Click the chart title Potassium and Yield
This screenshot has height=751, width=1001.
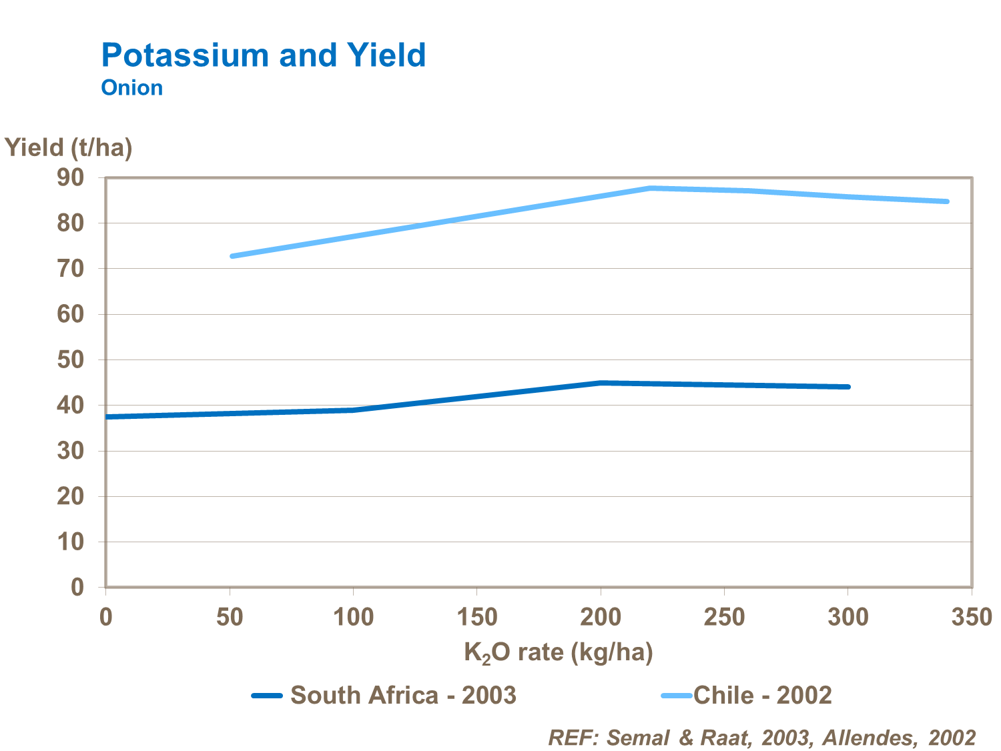pyautogui.click(x=263, y=55)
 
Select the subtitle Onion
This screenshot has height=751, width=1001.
pyautogui.click(x=131, y=88)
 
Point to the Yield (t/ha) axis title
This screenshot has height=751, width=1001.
pyautogui.click(x=69, y=147)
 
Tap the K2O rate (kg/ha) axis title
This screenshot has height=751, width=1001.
pyautogui.click(x=558, y=652)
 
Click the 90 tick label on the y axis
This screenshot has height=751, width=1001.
pyautogui.click(x=70, y=177)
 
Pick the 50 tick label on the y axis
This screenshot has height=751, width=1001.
pyautogui.click(x=70, y=359)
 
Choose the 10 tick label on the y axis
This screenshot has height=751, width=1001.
pyautogui.click(x=70, y=542)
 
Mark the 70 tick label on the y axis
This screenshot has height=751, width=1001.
pyautogui.click(x=70, y=269)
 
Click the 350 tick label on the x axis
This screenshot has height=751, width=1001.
pyautogui.click(x=971, y=618)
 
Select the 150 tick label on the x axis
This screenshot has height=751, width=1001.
pyautogui.click(x=476, y=618)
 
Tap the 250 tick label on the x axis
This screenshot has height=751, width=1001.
pyautogui.click(x=724, y=618)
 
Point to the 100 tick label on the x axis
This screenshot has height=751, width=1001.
pyautogui.click(x=353, y=618)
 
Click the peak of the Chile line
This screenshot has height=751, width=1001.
pyautogui.click(x=651, y=188)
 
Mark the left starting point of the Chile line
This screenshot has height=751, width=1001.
pyautogui.click(x=231, y=256)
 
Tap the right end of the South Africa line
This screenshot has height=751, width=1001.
pyautogui.click(x=848, y=387)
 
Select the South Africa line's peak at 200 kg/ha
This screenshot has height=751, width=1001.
pyautogui.click(x=601, y=383)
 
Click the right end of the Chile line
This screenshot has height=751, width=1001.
pyautogui.click(x=947, y=201)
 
